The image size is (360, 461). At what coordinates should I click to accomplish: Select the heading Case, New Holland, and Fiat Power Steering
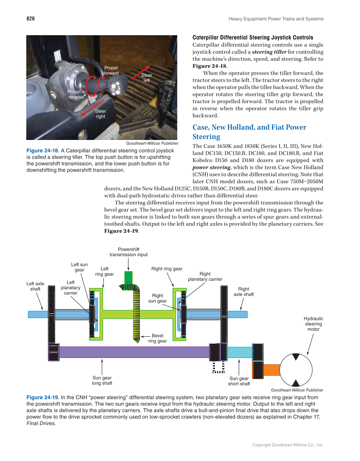pyautogui.click(x=249, y=132)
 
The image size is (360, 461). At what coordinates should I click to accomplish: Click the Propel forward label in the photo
pyautogui.click(x=111, y=70)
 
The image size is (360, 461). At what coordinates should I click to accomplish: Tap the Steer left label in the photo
pyautogui.click(x=147, y=78)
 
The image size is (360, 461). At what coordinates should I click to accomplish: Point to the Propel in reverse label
pyautogui.click(x=76, y=94)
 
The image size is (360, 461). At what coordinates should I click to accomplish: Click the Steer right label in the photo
pyautogui.click(x=100, y=114)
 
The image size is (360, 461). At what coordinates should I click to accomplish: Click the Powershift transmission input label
pyautogui.click(x=128, y=252)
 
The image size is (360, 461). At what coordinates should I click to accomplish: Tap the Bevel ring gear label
pyautogui.click(x=157, y=338)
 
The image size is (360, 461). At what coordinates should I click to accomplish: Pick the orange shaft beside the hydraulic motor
pyautogui.click(x=272, y=370)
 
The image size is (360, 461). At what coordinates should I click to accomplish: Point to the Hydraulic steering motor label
pyautogui.click(x=313, y=324)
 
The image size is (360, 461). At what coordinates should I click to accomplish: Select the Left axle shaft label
pyautogui.click(x=35, y=286)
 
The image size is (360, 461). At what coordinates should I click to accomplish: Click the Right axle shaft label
pyautogui.click(x=243, y=292)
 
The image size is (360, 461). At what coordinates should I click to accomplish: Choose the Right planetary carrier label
pyautogui.click(x=205, y=277)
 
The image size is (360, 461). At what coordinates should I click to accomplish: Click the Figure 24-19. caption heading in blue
pyautogui.click(x=43, y=397)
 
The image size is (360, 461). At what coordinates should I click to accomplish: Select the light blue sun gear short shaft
pyautogui.click(x=240, y=352)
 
